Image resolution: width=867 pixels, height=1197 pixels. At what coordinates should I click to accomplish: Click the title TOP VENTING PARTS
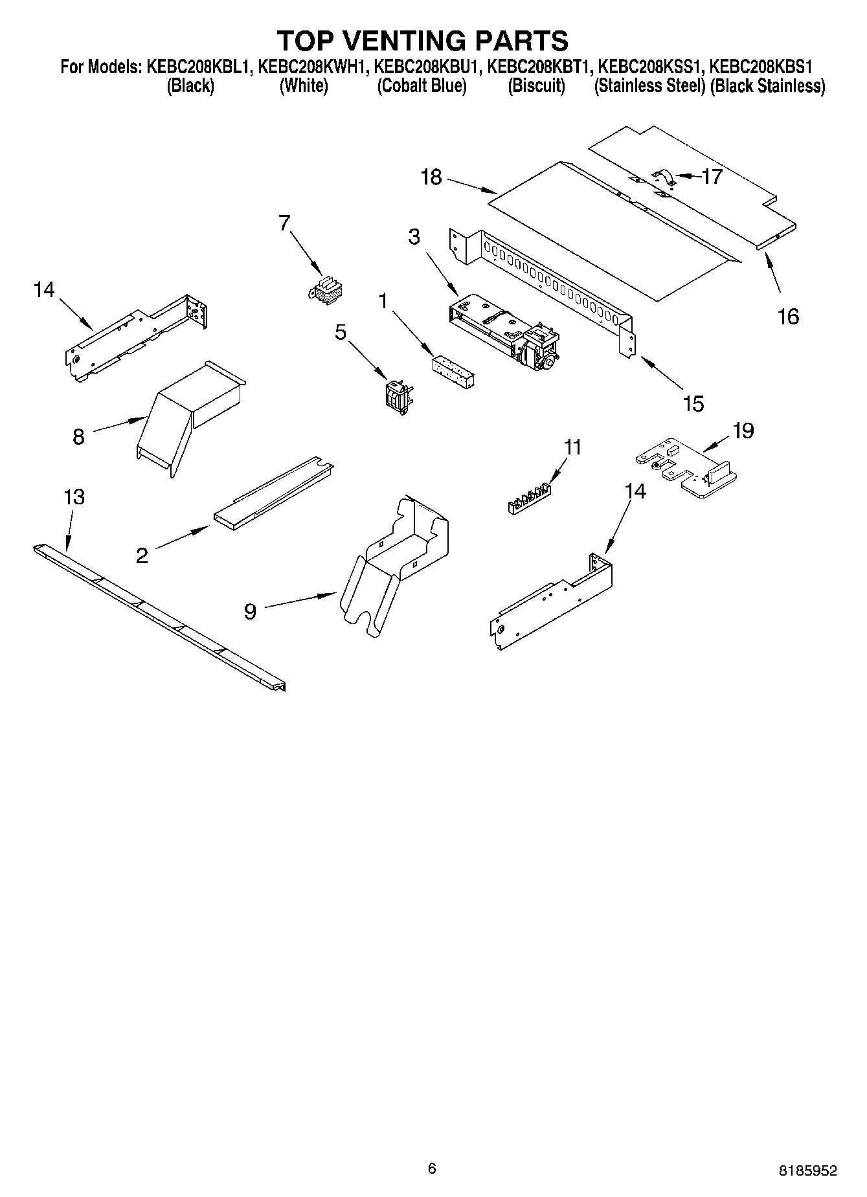[x=423, y=40]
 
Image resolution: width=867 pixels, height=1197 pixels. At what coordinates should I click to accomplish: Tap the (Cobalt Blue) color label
[x=422, y=86]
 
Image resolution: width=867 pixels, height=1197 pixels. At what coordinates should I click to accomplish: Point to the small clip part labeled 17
[x=663, y=177]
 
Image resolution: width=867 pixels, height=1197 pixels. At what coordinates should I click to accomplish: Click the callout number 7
[x=284, y=223]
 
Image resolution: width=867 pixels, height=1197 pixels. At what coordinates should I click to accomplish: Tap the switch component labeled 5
[x=397, y=394]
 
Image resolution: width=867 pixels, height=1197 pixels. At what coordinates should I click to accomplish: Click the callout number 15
[x=693, y=403]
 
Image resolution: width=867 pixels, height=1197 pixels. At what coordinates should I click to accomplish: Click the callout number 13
[x=74, y=497]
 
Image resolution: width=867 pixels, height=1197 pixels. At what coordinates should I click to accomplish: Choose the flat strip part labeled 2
[x=275, y=492]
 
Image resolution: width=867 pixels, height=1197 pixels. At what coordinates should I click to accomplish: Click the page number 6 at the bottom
[x=432, y=1150]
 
